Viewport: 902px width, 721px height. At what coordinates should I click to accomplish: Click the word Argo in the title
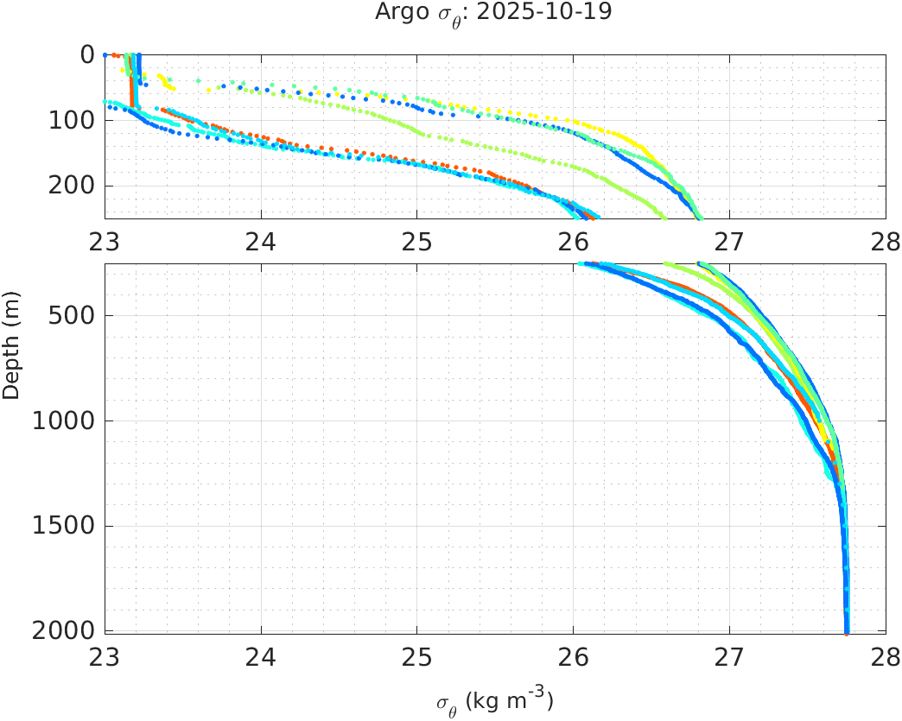point(397,12)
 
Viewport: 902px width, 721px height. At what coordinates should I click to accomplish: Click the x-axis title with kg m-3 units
point(494,701)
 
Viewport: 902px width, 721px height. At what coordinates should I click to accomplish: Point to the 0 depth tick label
point(87,54)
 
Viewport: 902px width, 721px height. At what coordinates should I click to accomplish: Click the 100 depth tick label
point(73,120)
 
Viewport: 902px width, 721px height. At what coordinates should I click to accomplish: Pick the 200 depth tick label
point(73,186)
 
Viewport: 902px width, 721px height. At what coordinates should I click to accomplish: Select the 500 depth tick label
point(73,315)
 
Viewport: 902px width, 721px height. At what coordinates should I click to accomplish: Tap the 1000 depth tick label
point(67,421)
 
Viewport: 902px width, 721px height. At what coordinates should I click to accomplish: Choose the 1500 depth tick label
point(67,527)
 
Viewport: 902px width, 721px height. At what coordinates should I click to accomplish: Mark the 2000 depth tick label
point(67,631)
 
